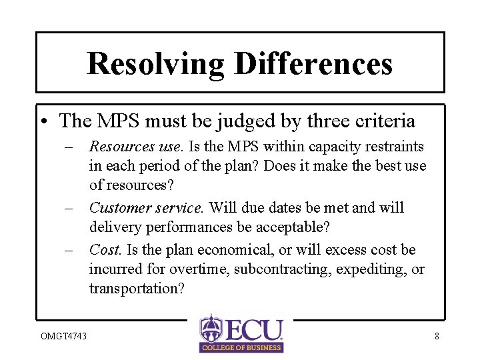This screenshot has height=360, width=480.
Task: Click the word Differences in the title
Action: [x=313, y=64]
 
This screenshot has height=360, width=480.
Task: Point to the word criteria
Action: [x=385, y=121]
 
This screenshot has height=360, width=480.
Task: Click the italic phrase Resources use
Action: [x=135, y=146]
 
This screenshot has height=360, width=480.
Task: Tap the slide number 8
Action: [x=437, y=336]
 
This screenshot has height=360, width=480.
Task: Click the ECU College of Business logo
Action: [x=241, y=333]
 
